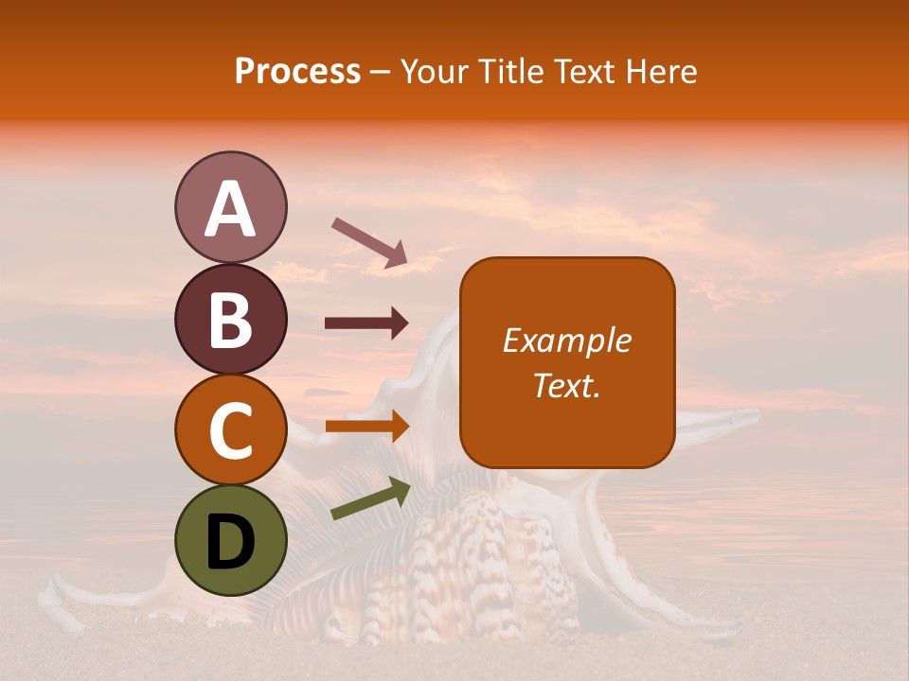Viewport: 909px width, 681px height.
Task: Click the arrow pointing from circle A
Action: click(x=369, y=242)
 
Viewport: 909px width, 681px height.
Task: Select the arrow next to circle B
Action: click(x=366, y=323)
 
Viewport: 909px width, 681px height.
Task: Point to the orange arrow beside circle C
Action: click(x=366, y=427)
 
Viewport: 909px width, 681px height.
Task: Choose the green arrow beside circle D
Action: click(x=370, y=498)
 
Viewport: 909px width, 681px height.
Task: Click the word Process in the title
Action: click(x=297, y=72)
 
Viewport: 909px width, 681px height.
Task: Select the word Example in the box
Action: click(x=567, y=340)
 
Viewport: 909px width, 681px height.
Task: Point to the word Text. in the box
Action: click(x=567, y=385)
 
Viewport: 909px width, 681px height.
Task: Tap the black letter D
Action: click(x=231, y=543)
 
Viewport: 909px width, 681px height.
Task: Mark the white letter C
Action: click(x=231, y=431)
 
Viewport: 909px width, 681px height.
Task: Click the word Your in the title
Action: click(x=433, y=72)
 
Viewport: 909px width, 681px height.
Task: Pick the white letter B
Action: click(x=231, y=320)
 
